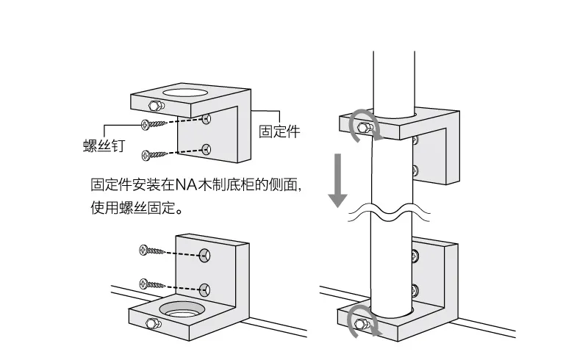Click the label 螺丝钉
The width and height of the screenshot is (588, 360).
pyautogui.click(x=103, y=145)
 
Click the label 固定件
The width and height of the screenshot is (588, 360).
pyautogui.click(x=280, y=132)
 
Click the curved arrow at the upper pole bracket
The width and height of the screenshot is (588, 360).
pyautogui.click(x=365, y=123)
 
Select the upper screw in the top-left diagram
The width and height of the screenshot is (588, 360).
pyautogui.click(x=156, y=123)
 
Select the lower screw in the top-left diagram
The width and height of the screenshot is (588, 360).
pyautogui.click(x=155, y=154)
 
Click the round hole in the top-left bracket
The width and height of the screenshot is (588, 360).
pyautogui.click(x=184, y=93)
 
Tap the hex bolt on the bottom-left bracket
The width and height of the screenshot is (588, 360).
pyautogui.click(x=152, y=324)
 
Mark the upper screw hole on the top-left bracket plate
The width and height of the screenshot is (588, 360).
pyautogui.click(x=208, y=118)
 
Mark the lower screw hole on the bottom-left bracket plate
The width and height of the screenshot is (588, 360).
pyautogui.click(x=205, y=288)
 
